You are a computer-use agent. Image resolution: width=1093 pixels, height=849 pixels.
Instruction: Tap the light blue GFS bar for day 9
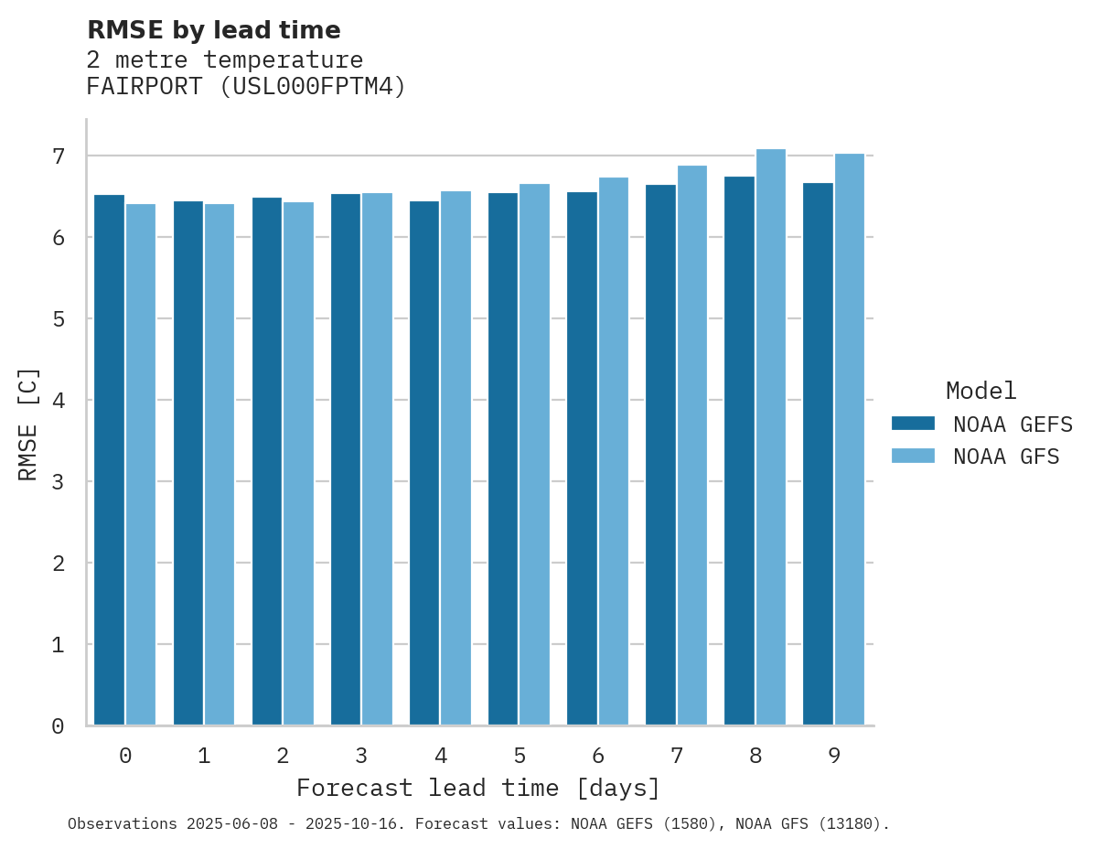pos(850,439)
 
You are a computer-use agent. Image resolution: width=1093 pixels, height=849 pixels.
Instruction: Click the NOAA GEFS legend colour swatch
pos(913,424)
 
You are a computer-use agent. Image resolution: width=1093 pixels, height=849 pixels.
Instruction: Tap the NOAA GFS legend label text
pos(1006,457)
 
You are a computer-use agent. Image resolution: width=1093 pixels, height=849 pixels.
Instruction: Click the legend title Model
pos(980,392)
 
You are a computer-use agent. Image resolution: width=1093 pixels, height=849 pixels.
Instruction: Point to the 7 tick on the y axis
pos(59,156)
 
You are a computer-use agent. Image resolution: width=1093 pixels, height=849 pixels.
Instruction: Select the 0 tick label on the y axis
pos(59,726)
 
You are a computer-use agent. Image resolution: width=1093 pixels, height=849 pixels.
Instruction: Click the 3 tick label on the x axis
pos(361,756)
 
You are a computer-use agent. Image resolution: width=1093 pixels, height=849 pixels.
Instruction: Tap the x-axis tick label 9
pos(834,756)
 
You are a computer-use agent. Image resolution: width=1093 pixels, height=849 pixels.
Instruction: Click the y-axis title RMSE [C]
pos(28,424)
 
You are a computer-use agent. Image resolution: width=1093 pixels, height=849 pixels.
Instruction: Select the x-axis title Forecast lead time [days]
pos(477,788)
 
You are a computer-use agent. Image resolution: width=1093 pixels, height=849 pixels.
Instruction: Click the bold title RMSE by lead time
pos(213,30)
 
